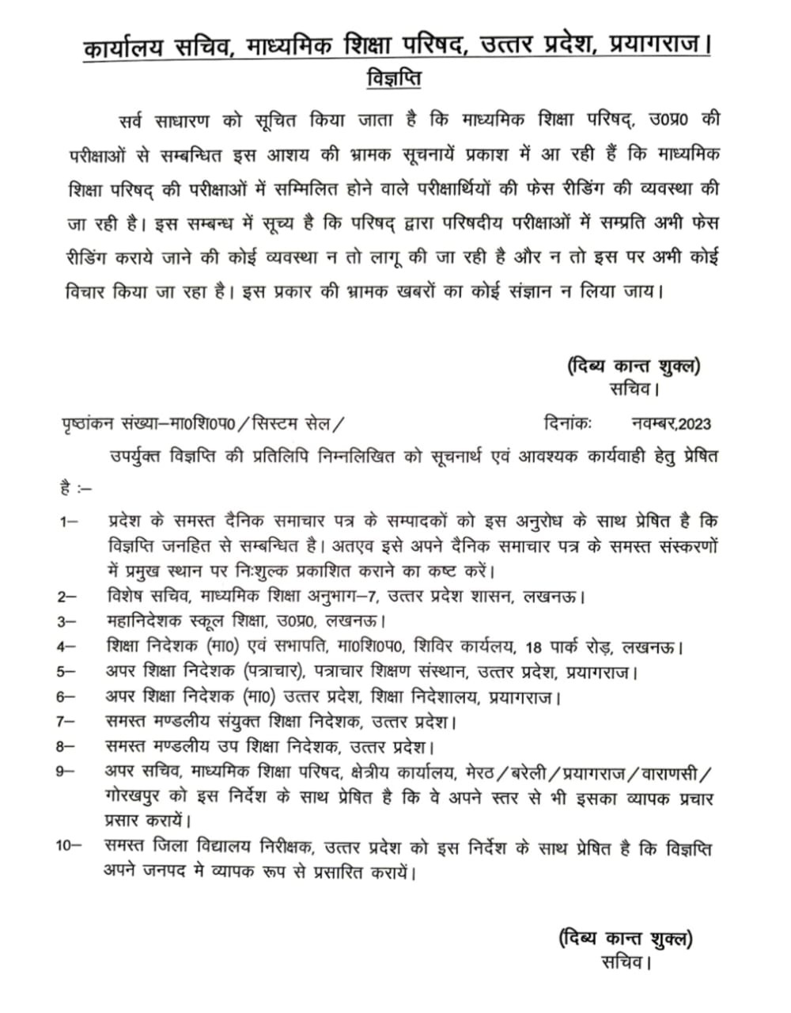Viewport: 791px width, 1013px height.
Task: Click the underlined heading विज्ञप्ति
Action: click(395, 81)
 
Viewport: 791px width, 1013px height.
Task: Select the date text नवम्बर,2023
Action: click(672, 423)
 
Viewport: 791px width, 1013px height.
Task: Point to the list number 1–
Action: click(67, 522)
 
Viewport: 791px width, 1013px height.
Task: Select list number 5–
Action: click(67, 671)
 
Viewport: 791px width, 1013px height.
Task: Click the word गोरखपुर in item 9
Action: click(135, 797)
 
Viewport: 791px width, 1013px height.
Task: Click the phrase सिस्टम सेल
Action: click(288, 423)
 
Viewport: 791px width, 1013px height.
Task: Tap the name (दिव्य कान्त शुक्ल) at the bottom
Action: click(625, 939)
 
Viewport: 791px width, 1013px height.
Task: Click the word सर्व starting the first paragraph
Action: click(129, 120)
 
